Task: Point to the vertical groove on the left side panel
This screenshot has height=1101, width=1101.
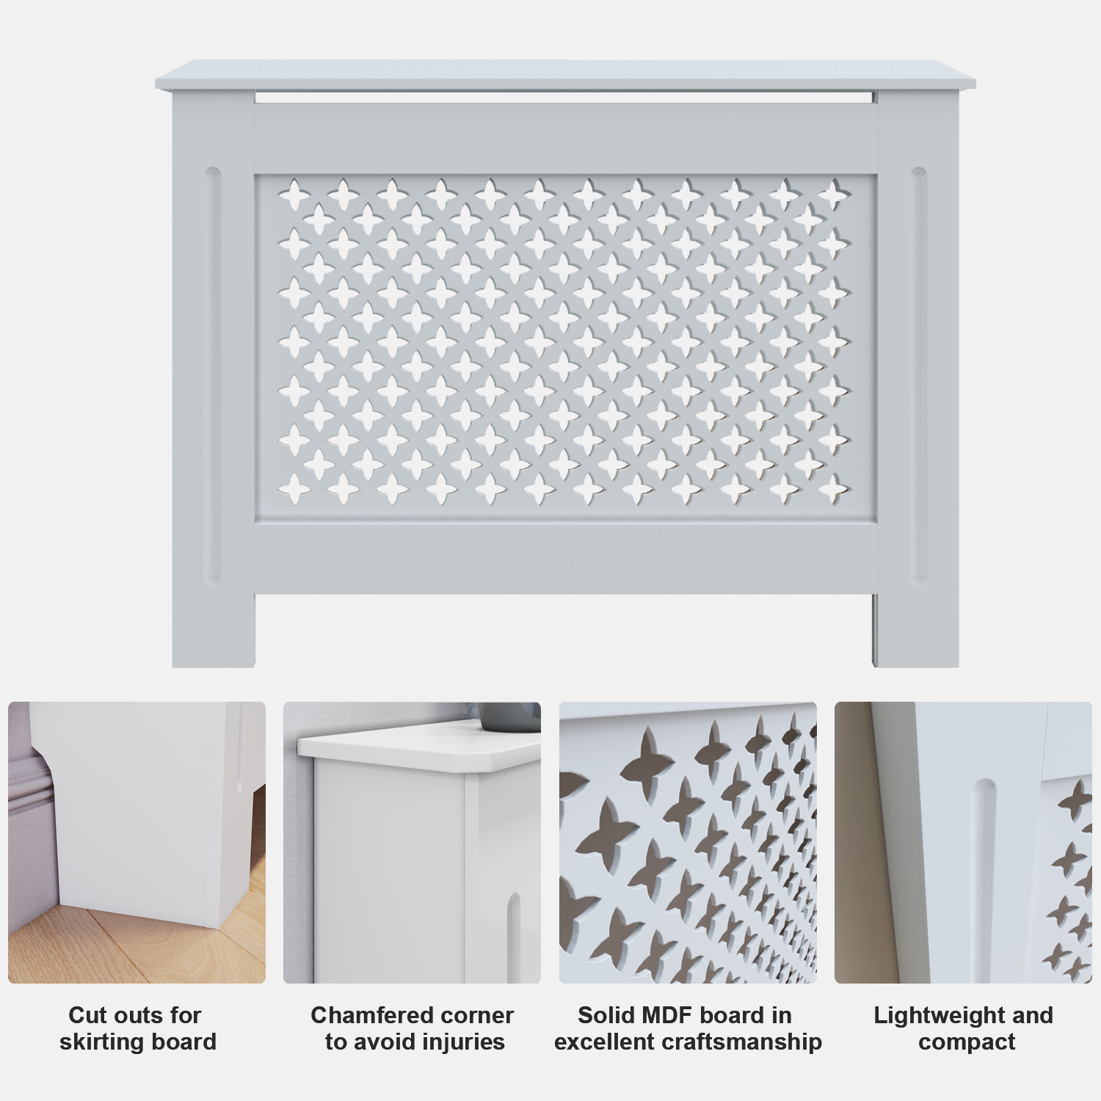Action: tap(213, 377)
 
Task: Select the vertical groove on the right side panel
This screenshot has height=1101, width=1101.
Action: tap(919, 377)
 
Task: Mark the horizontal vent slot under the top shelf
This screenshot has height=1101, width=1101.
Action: tap(565, 96)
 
